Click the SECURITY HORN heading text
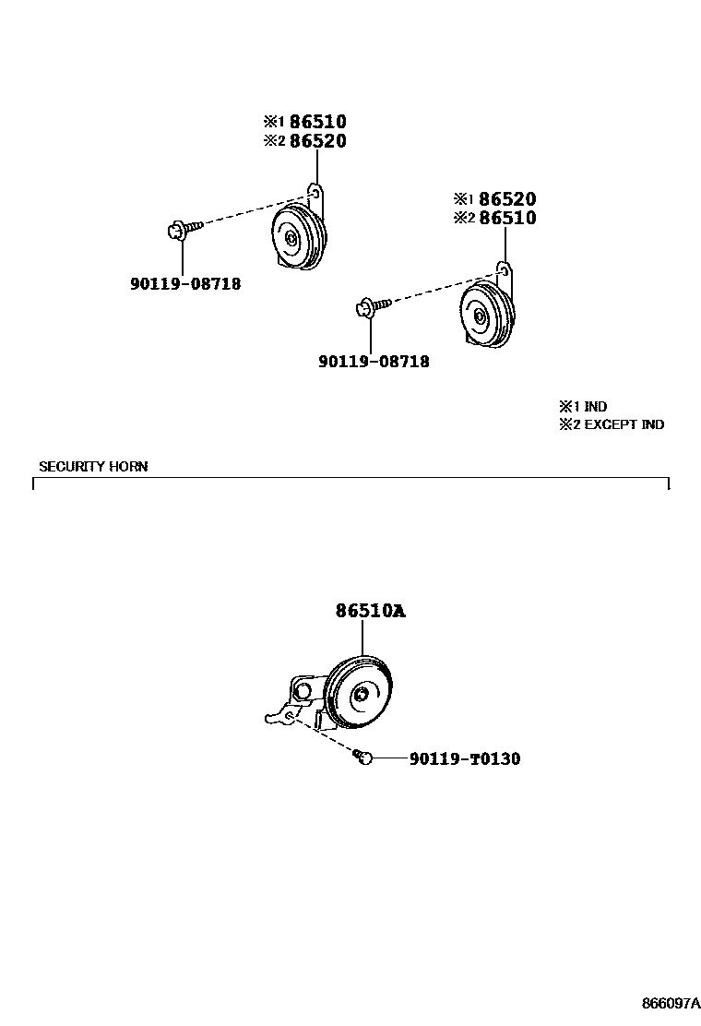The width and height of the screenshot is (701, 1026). click(x=93, y=467)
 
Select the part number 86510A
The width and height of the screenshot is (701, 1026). click(x=370, y=611)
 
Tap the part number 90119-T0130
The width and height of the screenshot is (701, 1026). click(x=464, y=758)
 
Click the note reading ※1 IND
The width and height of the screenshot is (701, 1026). click(x=583, y=407)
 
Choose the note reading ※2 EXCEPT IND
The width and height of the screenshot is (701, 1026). click(x=611, y=424)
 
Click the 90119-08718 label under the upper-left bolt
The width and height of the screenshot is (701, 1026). click(x=185, y=284)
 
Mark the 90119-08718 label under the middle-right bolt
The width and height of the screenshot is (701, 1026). click(x=374, y=362)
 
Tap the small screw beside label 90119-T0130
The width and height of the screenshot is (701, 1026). click(x=363, y=758)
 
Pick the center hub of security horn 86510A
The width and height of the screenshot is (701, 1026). click(x=362, y=696)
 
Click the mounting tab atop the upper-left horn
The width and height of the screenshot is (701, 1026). click(x=316, y=194)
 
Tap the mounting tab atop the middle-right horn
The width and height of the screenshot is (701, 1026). click(x=505, y=271)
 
